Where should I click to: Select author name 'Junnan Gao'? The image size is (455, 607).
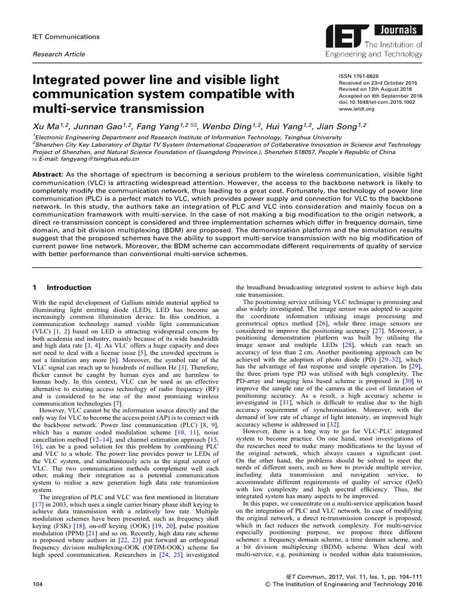pyautogui.click(x=90, y=126)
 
